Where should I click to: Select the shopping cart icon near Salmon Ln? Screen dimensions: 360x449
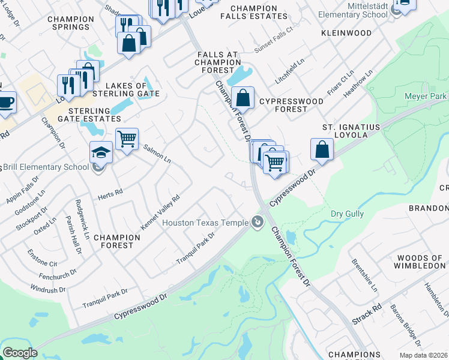[127, 139]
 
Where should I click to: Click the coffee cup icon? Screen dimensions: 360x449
[6, 101]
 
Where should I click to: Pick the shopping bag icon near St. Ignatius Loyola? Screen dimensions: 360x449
[322, 149]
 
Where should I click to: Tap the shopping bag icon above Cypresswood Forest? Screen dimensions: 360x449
[243, 97]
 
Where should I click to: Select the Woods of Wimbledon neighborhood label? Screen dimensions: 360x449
[420, 262]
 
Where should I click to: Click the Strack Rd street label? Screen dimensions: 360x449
[367, 314]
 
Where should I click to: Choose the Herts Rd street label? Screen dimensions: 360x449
[110, 193]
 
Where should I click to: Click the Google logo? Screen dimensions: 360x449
[20, 353]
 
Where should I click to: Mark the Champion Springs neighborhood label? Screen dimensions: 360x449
[71, 23]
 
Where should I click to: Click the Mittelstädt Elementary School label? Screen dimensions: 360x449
[353, 10]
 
